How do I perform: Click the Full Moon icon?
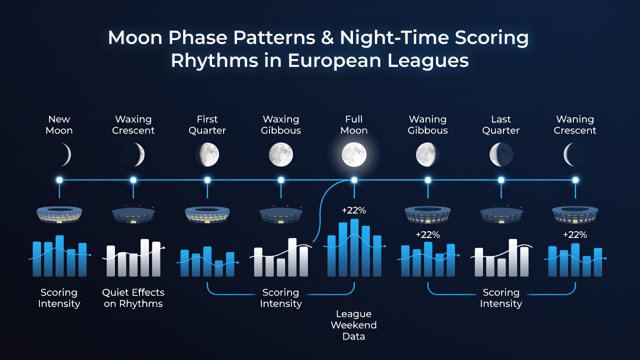click(354, 154)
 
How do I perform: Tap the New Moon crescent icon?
click(67, 154)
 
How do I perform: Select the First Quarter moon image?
click(207, 154)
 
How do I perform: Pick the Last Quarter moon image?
click(501, 154)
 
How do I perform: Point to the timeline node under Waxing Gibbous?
click(281, 180)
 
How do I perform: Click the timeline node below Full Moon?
click(354, 180)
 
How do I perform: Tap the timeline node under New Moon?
click(59, 180)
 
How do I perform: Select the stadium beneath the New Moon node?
click(59, 214)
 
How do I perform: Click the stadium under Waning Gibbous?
click(427, 214)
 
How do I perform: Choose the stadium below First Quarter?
click(207, 214)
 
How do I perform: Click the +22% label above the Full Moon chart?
click(353, 210)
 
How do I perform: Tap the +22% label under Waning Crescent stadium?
click(575, 235)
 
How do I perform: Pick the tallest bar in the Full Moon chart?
click(354, 247)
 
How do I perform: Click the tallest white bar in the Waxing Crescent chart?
click(145, 257)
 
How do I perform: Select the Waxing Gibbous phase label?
click(281, 125)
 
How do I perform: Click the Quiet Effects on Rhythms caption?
click(133, 298)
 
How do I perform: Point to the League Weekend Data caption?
click(353, 325)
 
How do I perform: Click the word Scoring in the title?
click(491, 38)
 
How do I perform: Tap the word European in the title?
click(334, 61)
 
